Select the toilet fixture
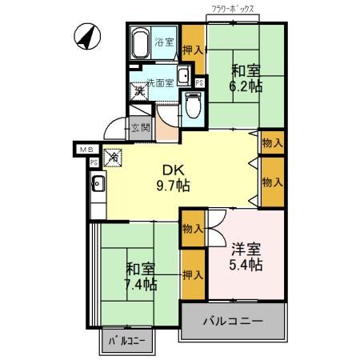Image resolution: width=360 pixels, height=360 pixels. [x=192, y=104]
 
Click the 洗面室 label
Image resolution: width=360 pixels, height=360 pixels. [x=158, y=81]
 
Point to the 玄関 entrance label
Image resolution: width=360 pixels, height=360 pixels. [x=141, y=127]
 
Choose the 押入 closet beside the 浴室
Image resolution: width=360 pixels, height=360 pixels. [x=192, y=50]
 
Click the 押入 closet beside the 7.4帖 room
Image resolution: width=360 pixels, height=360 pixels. [x=192, y=274]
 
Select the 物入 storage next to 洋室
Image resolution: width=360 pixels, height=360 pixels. [x=192, y=229]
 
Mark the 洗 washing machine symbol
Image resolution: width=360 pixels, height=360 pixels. [x=139, y=93]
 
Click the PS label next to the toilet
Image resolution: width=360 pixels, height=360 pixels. [x=198, y=82]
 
